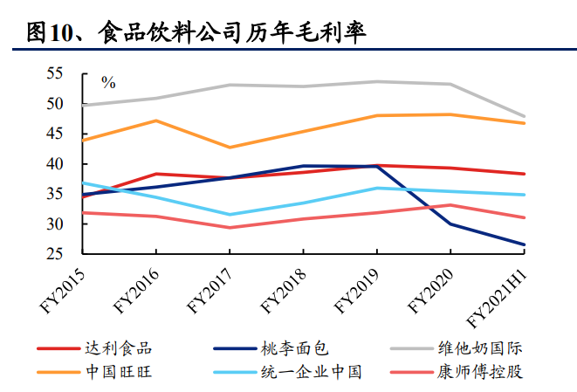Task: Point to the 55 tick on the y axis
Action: coord(56,74)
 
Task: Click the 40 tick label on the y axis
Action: coord(56,164)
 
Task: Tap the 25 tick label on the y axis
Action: coord(56,254)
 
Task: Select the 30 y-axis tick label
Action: coord(56,224)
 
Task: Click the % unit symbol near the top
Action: coord(108,83)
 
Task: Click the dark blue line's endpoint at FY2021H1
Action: coord(525,244)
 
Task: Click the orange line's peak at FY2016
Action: coord(155,120)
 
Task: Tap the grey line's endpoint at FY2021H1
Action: coord(525,116)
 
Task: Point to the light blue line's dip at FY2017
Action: coord(230,215)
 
